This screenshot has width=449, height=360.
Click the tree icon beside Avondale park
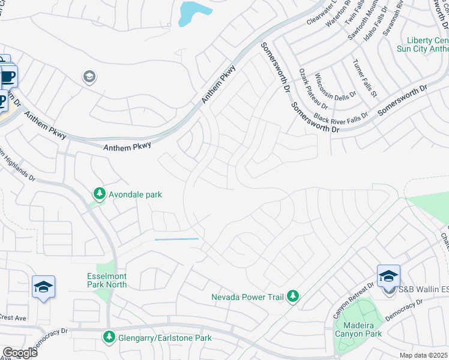point(100,194)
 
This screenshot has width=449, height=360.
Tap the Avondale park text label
point(135,194)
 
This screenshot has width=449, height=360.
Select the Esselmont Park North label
point(107,280)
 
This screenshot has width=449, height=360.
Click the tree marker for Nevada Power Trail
point(293,296)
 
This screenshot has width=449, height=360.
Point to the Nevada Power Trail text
point(248,296)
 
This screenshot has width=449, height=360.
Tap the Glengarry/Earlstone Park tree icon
point(109,338)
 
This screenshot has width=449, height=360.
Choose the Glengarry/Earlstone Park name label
point(164,338)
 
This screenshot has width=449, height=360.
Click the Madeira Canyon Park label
point(358,329)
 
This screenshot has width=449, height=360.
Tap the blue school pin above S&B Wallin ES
point(388,275)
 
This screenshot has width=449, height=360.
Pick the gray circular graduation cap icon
point(89,76)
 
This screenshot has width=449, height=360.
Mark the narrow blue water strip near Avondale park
point(176,239)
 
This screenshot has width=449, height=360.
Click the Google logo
point(20,352)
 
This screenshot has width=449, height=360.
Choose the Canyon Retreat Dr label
point(354,293)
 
